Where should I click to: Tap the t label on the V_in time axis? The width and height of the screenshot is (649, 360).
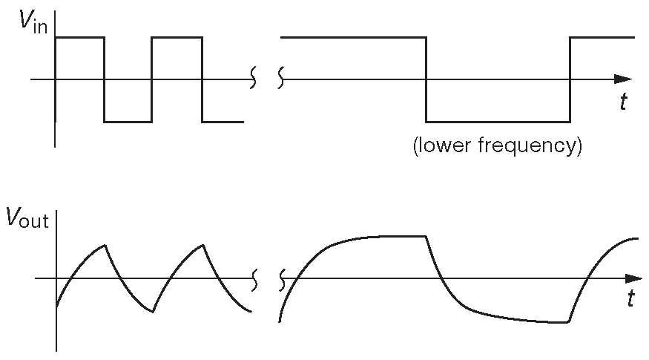click(625, 103)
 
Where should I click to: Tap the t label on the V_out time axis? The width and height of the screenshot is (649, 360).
click(631, 299)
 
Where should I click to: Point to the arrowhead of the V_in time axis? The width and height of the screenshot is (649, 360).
click(625, 78)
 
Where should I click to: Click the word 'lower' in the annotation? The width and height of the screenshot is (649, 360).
click(446, 145)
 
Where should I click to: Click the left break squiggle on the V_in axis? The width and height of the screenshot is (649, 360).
click(254, 77)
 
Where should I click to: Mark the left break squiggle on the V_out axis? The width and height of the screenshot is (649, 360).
click(255, 280)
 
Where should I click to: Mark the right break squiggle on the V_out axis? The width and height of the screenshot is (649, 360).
click(282, 280)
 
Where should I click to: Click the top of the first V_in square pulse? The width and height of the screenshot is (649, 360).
click(80, 36)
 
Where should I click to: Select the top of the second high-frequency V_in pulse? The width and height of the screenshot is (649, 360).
click(177, 36)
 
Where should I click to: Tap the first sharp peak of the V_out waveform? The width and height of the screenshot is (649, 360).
click(106, 245)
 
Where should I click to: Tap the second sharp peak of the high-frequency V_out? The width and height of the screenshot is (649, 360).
click(202, 245)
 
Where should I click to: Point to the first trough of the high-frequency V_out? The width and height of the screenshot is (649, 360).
click(153, 312)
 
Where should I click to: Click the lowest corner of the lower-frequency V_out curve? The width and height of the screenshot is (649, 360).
click(567, 322)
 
